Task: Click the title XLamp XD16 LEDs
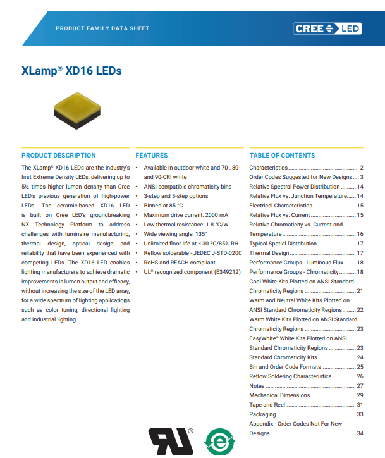(71, 71)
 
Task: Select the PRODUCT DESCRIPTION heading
(59, 155)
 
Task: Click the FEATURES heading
(152, 155)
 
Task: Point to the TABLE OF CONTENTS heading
(282, 155)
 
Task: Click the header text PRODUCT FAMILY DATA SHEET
(102, 28)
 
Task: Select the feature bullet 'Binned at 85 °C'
(163, 206)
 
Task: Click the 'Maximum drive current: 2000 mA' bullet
(185, 215)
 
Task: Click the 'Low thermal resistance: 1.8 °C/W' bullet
(186, 225)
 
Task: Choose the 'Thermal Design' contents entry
(269, 253)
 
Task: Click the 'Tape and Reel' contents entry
(267, 405)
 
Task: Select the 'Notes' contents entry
(257, 386)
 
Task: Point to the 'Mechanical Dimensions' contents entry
(279, 395)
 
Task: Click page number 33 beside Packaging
(360, 414)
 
